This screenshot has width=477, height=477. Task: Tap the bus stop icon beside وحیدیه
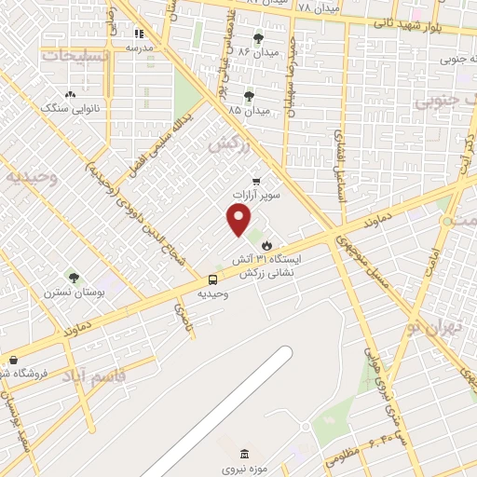tap(213, 279)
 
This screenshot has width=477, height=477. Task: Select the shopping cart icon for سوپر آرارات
tap(256, 182)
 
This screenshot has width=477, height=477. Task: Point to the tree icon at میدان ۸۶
tap(258, 37)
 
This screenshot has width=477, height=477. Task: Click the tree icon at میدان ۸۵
tap(249, 95)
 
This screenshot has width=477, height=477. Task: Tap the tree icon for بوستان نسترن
tap(75, 277)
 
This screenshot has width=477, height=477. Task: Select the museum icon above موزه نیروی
tap(244, 454)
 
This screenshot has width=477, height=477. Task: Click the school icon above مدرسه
tap(139, 33)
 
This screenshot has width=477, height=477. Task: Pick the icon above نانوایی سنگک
tap(72, 94)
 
